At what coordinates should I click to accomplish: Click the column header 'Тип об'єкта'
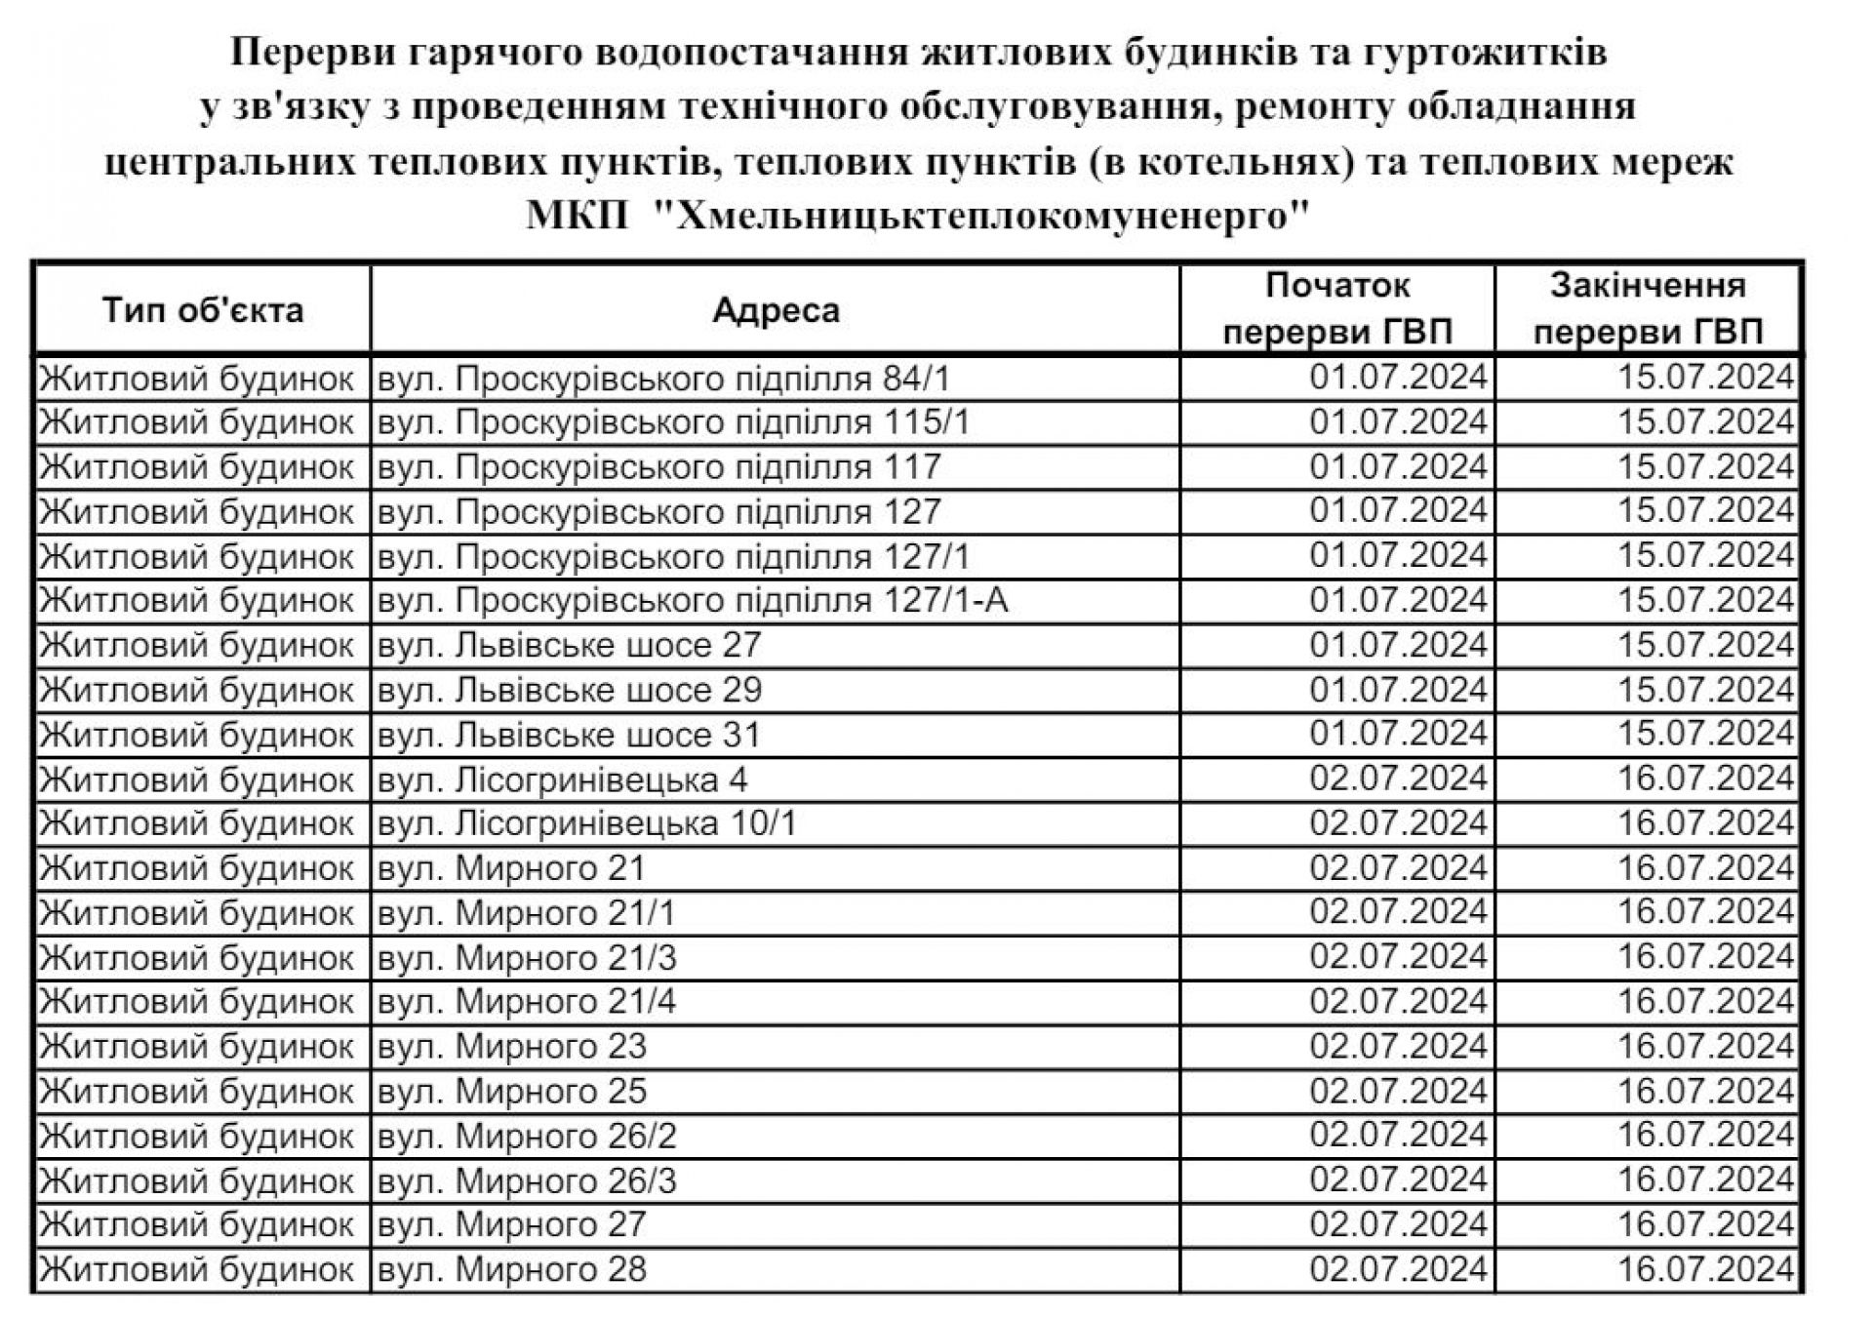[203, 310]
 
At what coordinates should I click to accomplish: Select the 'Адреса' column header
[776, 310]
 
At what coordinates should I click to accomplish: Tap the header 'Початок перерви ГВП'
[1337, 309]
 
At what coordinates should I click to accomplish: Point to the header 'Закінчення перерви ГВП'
[1648, 309]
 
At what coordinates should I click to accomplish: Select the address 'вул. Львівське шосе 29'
[570, 691]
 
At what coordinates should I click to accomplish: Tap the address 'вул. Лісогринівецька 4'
[563, 780]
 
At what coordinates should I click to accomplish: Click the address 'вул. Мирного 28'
[512, 1270]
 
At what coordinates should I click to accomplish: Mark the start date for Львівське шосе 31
[1398, 735]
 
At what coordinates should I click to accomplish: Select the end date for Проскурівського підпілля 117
[1706, 467]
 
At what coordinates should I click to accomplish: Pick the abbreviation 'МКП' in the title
[578, 215]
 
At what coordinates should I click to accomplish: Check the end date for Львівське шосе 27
[1706, 646]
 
